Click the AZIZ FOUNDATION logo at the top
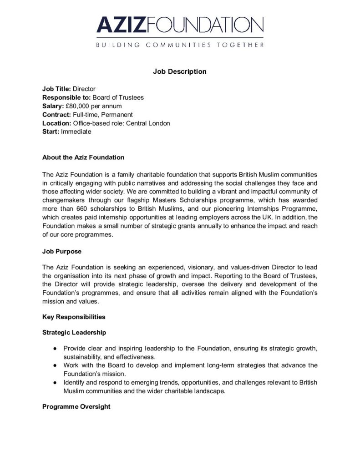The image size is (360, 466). [180, 25]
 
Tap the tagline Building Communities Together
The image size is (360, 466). [180, 45]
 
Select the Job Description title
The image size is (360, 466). [180, 71]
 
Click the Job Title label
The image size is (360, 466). [56, 89]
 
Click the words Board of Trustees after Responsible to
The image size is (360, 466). [118, 97]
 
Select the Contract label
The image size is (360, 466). [56, 115]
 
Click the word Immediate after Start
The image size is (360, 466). [76, 132]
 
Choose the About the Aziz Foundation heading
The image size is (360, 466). [83, 157]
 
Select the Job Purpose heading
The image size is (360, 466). [62, 251]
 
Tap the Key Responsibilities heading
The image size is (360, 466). [74, 317]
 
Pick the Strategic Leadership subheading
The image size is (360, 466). [74, 332]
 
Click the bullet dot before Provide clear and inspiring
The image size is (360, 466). [54, 349]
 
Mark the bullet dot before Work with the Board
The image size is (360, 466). [54, 365]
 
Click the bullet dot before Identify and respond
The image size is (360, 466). [54, 383]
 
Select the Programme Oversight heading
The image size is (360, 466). [76, 406]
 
